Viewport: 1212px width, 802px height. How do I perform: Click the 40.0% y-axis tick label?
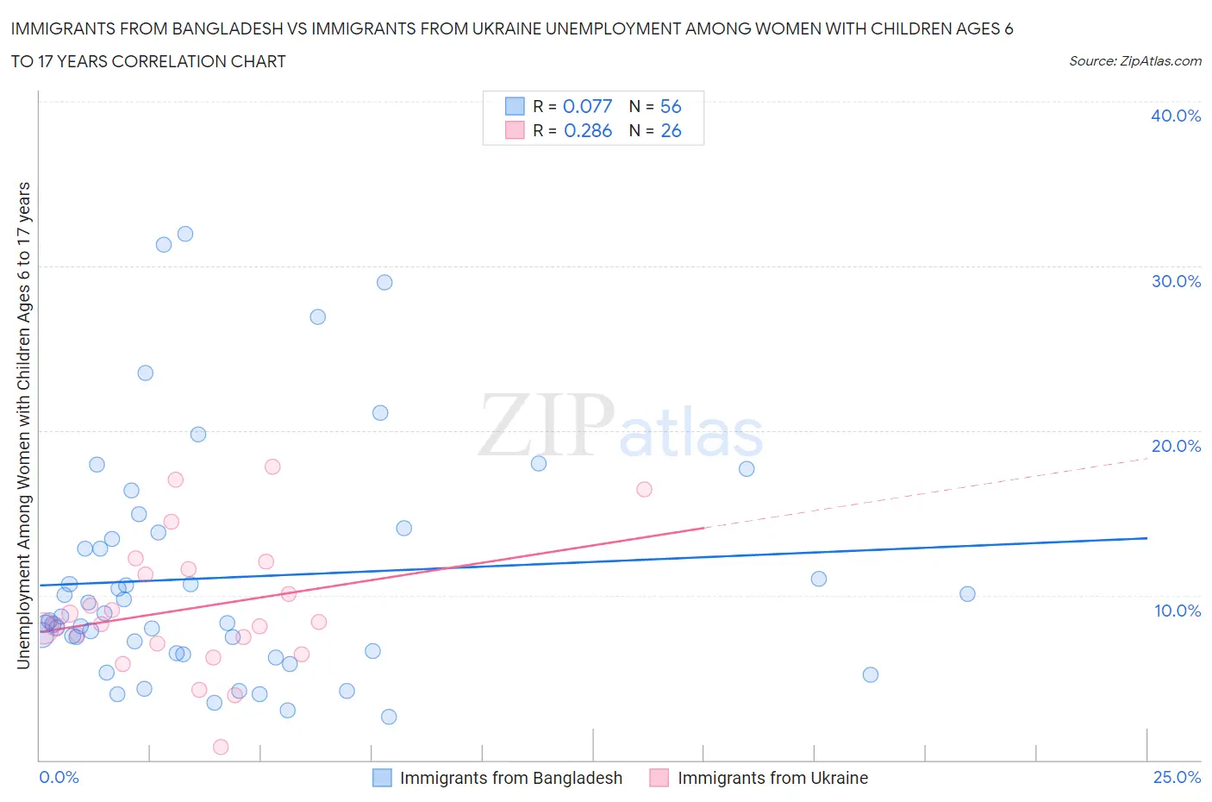point(1176,116)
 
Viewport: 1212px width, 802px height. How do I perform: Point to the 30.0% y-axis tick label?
point(1176,281)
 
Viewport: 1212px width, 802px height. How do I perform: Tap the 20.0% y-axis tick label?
point(1176,446)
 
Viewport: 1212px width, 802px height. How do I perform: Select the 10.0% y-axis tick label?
point(1177,611)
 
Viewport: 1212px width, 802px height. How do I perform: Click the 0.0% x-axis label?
point(59,777)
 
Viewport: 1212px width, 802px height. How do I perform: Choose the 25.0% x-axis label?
point(1177,777)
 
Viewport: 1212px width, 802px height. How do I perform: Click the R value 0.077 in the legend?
point(587,106)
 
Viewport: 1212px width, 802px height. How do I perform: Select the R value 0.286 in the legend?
point(587,130)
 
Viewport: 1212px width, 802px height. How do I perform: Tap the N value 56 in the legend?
point(670,106)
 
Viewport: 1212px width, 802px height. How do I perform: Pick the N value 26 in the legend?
point(670,130)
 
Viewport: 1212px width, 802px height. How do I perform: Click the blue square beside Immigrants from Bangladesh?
point(382,778)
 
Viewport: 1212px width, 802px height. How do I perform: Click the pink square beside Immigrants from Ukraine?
point(659,778)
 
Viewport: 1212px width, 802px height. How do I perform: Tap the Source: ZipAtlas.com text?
point(1134,61)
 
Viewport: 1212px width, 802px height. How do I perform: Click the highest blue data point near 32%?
point(184,234)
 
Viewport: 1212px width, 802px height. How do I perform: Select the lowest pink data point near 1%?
point(221,747)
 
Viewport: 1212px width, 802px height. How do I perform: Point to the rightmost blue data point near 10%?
point(967,594)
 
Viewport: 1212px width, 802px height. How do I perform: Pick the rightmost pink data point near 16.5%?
point(644,489)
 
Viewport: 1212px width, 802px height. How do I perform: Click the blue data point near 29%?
point(384,283)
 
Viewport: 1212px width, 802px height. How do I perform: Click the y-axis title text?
point(24,425)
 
